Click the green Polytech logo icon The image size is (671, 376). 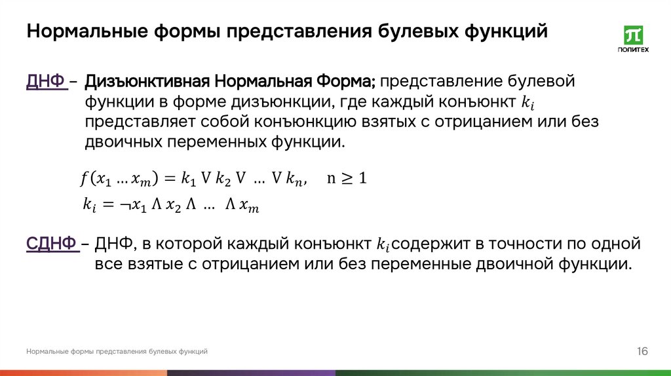coord(633,35)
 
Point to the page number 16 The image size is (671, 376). coord(642,352)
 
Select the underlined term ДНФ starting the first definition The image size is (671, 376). coord(47,82)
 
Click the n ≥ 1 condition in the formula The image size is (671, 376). coord(346,178)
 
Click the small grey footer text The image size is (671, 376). coord(117,352)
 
